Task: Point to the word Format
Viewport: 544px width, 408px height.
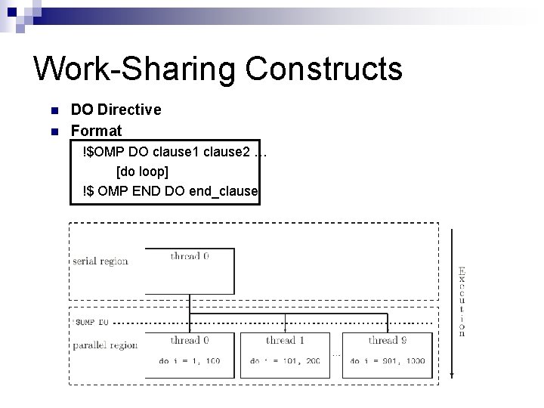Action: (x=96, y=131)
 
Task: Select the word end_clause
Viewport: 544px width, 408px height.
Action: (x=224, y=193)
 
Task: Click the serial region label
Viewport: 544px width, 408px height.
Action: (x=100, y=261)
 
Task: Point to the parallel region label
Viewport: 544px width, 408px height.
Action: (x=105, y=345)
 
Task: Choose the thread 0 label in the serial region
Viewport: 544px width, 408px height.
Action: (x=190, y=256)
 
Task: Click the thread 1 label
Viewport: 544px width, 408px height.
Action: (x=285, y=340)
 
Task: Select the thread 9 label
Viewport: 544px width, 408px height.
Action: (x=388, y=340)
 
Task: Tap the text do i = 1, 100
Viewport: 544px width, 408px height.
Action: (x=190, y=360)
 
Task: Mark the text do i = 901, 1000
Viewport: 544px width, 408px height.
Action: (x=388, y=360)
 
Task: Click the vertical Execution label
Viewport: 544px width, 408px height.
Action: (x=462, y=301)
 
